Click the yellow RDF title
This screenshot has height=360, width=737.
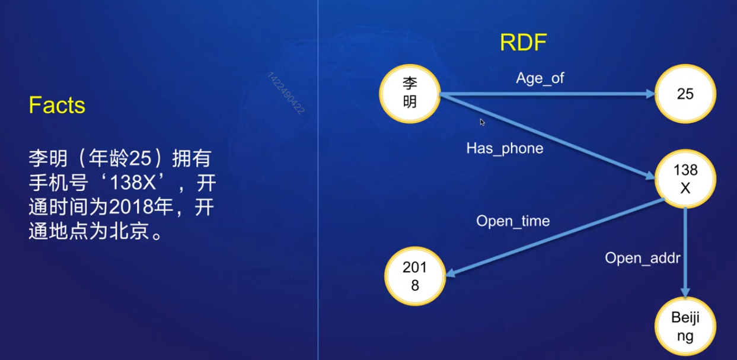pyautogui.click(x=523, y=43)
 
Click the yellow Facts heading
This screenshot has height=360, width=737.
pyautogui.click(x=57, y=106)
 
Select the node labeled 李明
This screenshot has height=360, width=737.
pyautogui.click(x=410, y=93)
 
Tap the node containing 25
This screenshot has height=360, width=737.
pyautogui.click(x=685, y=94)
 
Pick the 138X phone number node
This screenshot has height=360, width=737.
pyautogui.click(x=685, y=179)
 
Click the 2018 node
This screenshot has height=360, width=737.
pyautogui.click(x=414, y=276)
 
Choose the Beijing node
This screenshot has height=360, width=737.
pyautogui.click(x=685, y=327)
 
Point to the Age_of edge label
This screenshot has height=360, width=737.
pyautogui.click(x=540, y=78)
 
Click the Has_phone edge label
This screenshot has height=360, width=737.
pyautogui.click(x=505, y=148)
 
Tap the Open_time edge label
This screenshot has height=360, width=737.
pyautogui.click(x=513, y=221)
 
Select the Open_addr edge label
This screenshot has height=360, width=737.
pyautogui.click(x=642, y=258)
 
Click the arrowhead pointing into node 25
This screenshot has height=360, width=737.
pyautogui.click(x=650, y=94)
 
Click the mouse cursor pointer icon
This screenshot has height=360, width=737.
pyautogui.click(x=482, y=122)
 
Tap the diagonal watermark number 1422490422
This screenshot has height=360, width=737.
pyautogui.click(x=286, y=93)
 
